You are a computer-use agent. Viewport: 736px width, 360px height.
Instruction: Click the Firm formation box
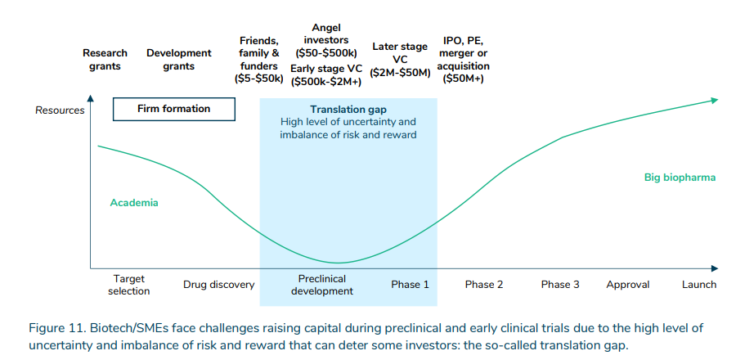tap(173, 109)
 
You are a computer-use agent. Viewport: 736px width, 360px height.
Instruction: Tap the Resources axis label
tap(60, 110)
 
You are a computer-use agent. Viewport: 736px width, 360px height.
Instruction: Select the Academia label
tap(134, 203)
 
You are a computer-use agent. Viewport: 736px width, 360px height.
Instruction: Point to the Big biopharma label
tap(680, 177)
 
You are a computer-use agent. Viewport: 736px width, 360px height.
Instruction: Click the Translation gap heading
tap(348, 110)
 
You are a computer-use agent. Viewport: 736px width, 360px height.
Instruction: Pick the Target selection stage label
tap(129, 285)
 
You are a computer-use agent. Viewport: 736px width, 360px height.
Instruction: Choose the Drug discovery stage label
tap(219, 285)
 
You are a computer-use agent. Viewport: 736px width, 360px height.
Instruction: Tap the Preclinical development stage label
tap(322, 285)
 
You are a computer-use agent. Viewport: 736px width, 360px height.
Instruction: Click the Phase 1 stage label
tap(410, 285)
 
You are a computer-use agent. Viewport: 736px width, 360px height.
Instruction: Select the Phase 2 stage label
tap(484, 285)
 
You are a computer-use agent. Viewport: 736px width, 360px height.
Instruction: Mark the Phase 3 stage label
tap(560, 285)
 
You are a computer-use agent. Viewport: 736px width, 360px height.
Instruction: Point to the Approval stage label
tap(628, 285)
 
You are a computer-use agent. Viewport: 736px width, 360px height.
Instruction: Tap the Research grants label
tap(105, 60)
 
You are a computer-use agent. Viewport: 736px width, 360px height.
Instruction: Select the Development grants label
tap(179, 60)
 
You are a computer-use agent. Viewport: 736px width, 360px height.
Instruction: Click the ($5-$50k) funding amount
tap(258, 79)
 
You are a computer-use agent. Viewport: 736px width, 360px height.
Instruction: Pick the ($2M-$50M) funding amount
tap(400, 73)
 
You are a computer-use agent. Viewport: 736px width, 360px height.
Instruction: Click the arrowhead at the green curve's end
tap(714, 100)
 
